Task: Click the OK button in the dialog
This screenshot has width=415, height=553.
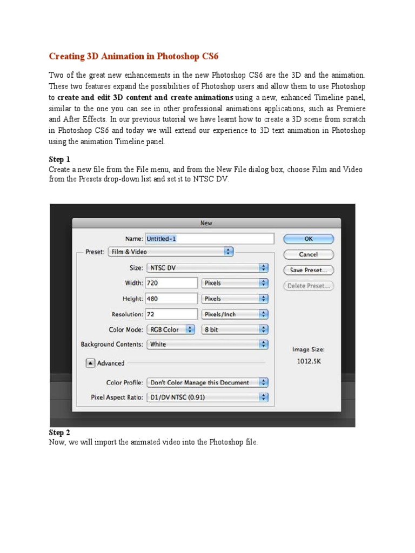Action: coord(308,239)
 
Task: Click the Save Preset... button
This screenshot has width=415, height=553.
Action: coord(308,270)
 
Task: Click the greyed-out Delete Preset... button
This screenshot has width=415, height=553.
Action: coord(308,286)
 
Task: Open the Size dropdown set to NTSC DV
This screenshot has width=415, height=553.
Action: coord(207,267)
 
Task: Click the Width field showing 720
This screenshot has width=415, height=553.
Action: coord(171,283)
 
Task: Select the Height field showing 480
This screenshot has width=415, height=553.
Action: coord(171,299)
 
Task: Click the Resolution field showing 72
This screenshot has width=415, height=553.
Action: coord(171,314)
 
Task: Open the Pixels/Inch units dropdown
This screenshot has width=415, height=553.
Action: coord(235,314)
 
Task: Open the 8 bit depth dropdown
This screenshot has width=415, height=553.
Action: coord(235,329)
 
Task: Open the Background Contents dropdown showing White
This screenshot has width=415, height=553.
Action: coord(207,344)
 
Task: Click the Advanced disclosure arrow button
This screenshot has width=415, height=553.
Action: coord(90,363)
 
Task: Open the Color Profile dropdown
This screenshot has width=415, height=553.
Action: coord(207,382)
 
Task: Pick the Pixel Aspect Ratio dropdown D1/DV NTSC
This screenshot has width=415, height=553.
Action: coord(207,397)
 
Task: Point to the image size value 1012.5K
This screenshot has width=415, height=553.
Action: coord(309,361)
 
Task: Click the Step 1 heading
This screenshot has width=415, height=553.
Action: coord(59,159)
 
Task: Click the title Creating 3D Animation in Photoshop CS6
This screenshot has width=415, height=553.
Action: coord(134,56)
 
